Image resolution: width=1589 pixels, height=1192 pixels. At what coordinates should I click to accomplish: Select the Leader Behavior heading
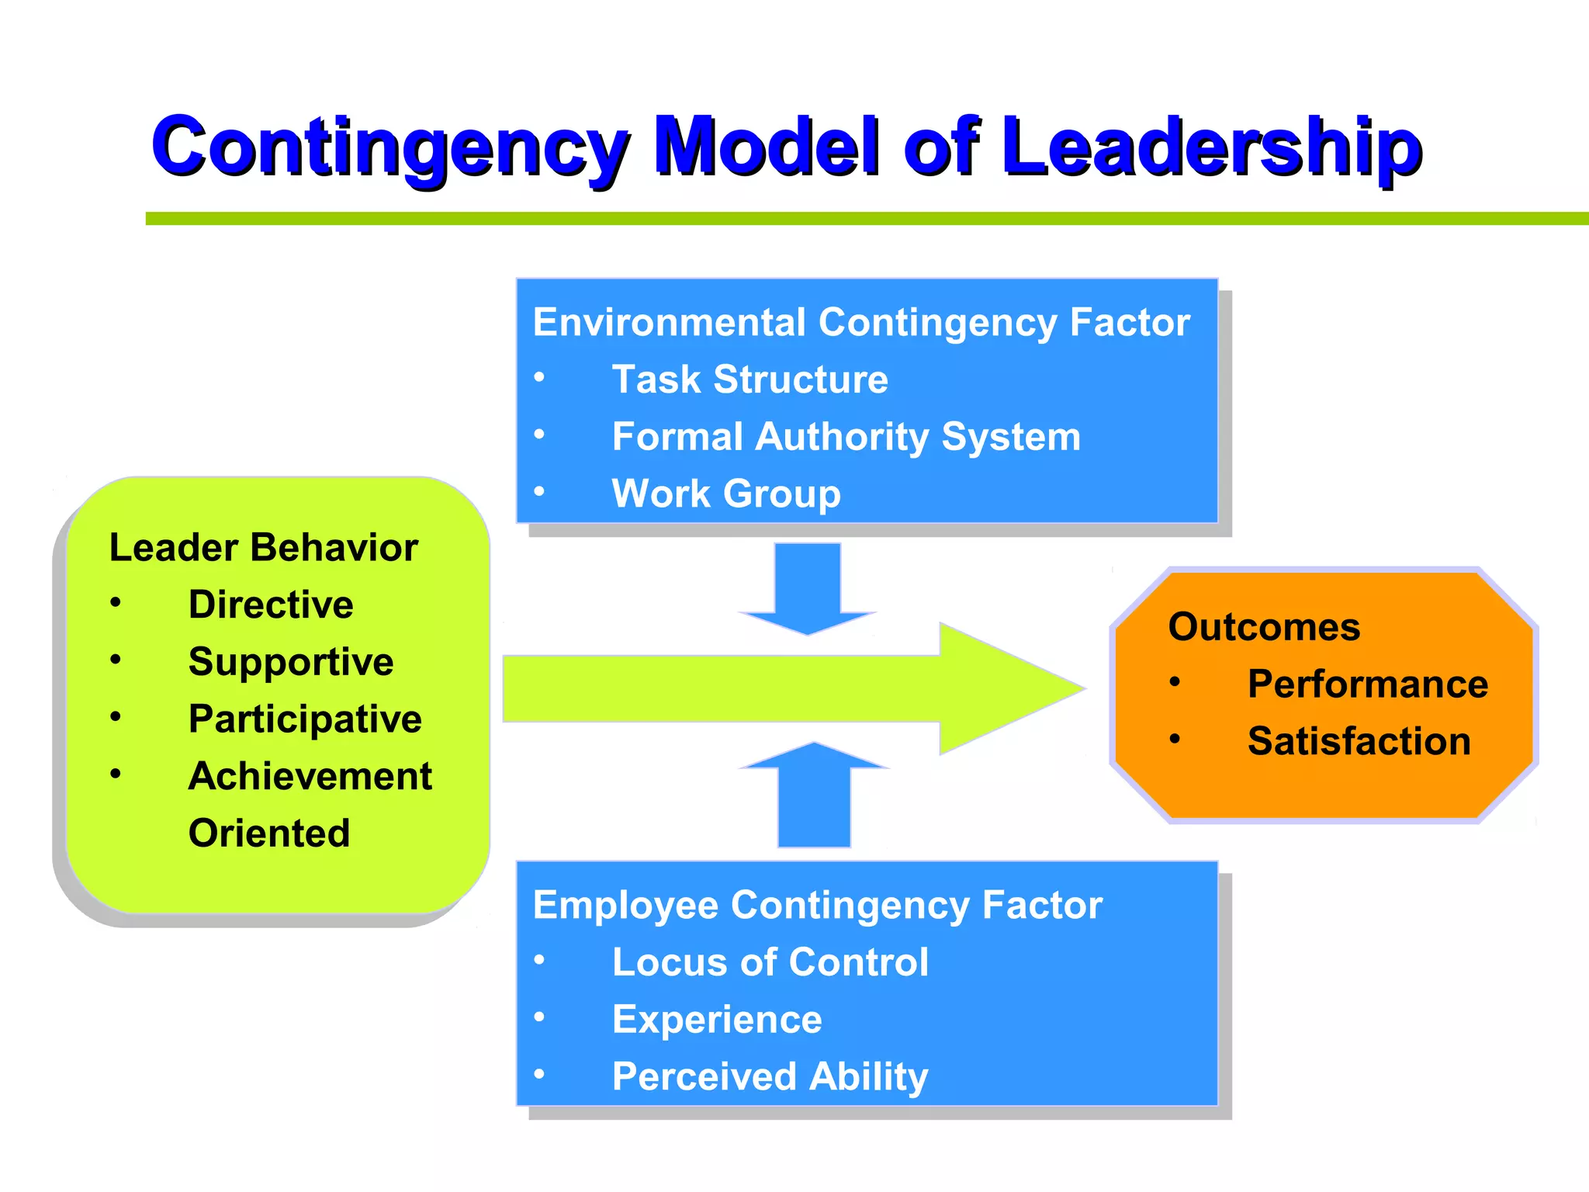click(x=264, y=548)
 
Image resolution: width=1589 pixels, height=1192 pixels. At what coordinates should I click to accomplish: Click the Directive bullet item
click(x=271, y=605)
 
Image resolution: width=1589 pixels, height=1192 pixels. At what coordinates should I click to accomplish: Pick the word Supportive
click(x=291, y=662)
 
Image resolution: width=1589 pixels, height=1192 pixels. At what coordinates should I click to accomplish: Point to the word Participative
click(x=305, y=719)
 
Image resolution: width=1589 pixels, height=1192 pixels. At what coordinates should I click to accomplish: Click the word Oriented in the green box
click(x=269, y=833)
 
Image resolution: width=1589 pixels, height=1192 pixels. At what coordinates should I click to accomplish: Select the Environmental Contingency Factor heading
click(x=861, y=322)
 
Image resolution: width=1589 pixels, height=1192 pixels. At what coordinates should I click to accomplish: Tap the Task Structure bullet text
click(x=749, y=379)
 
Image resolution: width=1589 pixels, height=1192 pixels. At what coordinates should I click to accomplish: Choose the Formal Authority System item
click(x=846, y=436)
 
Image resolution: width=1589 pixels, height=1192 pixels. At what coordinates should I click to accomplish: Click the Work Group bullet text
click(x=726, y=494)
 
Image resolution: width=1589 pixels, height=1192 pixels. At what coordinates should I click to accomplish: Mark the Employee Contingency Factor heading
click(x=818, y=905)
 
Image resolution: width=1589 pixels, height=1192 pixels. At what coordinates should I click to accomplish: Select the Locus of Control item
click(x=770, y=962)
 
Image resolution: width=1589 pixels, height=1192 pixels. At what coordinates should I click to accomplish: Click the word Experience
click(x=717, y=1020)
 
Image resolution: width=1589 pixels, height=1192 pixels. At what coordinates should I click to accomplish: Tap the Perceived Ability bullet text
click(x=770, y=1076)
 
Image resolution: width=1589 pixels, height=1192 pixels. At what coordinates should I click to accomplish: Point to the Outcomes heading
click(x=1264, y=627)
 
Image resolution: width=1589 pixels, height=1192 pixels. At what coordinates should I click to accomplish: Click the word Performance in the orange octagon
click(x=1368, y=684)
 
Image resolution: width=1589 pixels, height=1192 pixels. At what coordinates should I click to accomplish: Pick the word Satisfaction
click(x=1359, y=741)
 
